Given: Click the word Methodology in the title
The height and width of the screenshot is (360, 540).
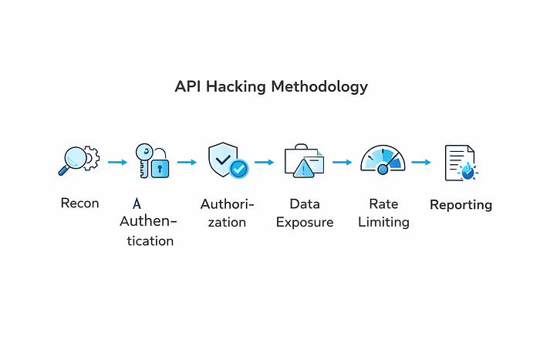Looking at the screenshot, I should click(x=319, y=86).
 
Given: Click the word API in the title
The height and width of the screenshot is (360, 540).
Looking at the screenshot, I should click(x=189, y=86).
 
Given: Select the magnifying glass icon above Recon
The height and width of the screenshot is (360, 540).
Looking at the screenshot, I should click(x=76, y=160).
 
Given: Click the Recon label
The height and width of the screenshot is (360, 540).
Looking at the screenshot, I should click(x=80, y=204).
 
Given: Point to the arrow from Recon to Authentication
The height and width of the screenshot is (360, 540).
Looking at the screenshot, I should click(x=117, y=163).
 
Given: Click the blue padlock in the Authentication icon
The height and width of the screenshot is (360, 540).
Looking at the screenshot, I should click(x=160, y=167).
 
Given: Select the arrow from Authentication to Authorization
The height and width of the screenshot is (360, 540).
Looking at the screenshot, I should click(x=187, y=163).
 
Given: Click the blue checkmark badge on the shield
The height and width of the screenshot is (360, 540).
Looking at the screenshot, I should click(x=239, y=168).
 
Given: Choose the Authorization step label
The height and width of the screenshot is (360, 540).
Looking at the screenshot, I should click(x=227, y=214).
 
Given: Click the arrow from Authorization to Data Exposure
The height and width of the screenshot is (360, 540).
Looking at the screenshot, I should click(x=264, y=163).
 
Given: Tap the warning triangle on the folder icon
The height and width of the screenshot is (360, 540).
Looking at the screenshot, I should click(x=305, y=170).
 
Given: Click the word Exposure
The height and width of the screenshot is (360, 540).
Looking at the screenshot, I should click(x=305, y=223).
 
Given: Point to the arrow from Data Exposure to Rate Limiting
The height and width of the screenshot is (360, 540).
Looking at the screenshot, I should click(x=342, y=163).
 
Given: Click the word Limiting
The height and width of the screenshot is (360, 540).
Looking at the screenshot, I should click(x=383, y=223).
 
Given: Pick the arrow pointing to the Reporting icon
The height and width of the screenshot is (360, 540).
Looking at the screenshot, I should click(x=420, y=163).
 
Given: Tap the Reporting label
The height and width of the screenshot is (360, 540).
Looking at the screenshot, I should click(x=461, y=205).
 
